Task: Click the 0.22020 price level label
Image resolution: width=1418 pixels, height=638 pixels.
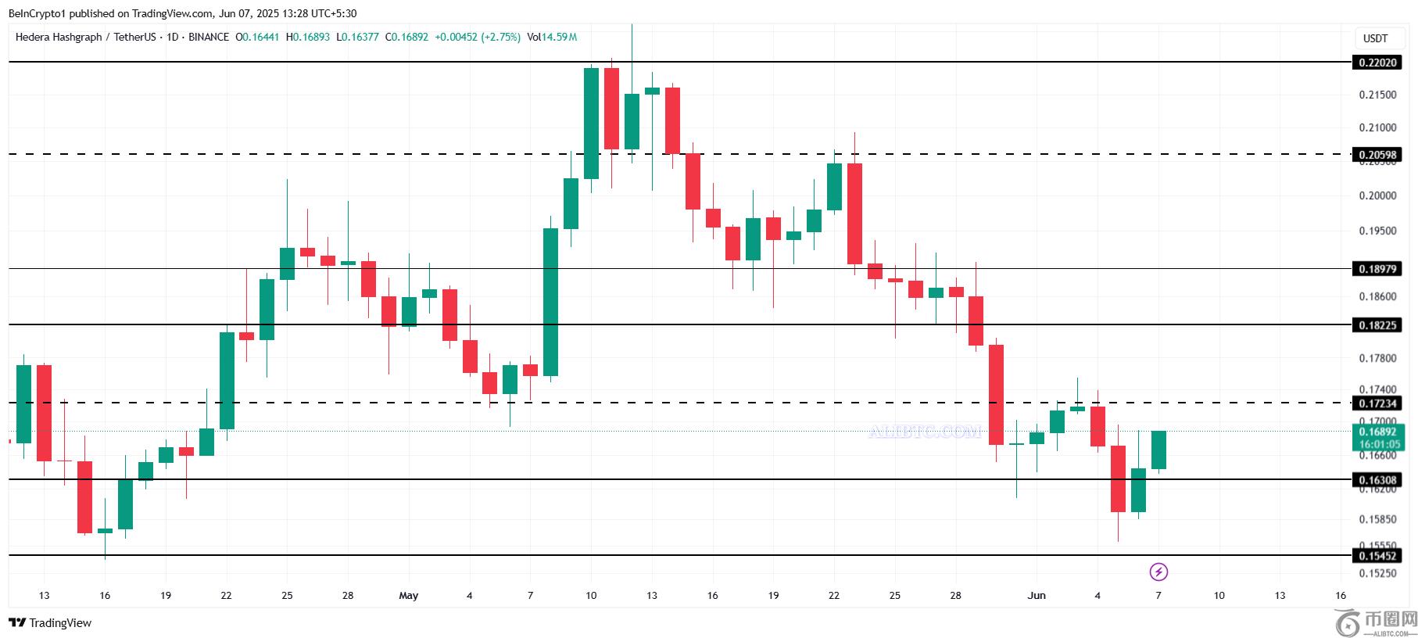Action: point(1376,63)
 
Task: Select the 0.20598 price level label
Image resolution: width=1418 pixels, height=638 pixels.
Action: point(1376,155)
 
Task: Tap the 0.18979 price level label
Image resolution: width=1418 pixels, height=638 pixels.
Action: point(1376,269)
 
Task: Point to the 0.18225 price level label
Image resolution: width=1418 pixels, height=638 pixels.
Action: point(1376,325)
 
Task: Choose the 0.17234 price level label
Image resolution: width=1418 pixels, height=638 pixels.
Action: point(1376,403)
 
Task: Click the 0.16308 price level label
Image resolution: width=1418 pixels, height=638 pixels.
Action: point(1376,480)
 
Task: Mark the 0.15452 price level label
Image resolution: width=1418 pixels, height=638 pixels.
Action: point(1376,556)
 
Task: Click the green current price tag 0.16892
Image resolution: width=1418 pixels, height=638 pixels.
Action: point(1378,432)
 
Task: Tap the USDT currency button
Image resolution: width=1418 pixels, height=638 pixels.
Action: point(1376,38)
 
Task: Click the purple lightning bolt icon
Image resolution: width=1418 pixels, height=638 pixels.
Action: point(1158,572)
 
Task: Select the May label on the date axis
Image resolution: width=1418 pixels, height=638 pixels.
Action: point(408,596)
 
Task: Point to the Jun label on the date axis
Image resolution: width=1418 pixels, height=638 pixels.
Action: point(1037,596)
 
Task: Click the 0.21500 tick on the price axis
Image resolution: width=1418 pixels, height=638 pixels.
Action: point(1377,95)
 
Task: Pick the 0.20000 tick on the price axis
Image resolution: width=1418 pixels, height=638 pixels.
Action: point(1377,195)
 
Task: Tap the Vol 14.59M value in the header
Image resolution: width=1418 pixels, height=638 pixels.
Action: point(552,37)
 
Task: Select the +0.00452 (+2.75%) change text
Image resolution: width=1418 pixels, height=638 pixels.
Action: point(478,37)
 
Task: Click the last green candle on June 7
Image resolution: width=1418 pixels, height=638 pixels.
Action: point(1158,450)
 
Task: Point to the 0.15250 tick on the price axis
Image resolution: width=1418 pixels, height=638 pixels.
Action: point(1377,573)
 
